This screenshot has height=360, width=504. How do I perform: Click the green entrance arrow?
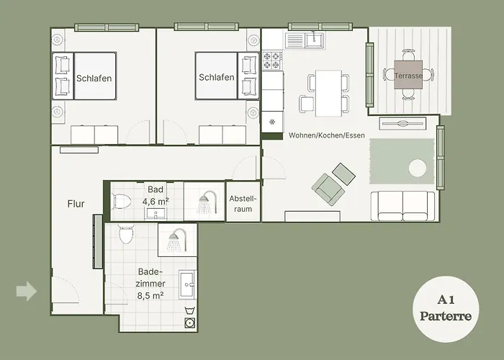tap(27, 291)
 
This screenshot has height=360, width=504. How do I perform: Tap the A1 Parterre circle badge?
tap(446, 309)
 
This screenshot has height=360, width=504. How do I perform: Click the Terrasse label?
tap(408, 76)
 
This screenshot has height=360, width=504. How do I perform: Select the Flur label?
tap(76, 204)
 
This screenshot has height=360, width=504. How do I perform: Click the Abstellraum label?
tap(243, 204)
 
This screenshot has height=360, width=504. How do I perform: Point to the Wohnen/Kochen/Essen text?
tap(327, 135)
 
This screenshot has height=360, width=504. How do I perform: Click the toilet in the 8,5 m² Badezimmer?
tap(126, 234)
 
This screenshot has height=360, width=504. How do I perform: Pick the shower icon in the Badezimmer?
tap(176, 240)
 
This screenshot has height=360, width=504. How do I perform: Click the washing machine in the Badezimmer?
tap(189, 323)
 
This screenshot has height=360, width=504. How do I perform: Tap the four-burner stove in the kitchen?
tap(272, 60)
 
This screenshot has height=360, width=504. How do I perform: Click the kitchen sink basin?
tap(314, 40)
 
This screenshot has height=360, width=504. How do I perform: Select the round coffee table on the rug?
tap(418, 168)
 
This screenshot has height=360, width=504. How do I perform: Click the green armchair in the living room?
tap(328, 189)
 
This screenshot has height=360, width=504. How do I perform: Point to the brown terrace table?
tap(408, 75)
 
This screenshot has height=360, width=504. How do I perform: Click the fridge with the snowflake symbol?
tap(272, 122)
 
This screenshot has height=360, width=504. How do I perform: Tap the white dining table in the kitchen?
tap(328, 93)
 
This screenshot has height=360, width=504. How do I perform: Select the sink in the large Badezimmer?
tap(187, 284)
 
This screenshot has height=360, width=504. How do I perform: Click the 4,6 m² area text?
tap(156, 202)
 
